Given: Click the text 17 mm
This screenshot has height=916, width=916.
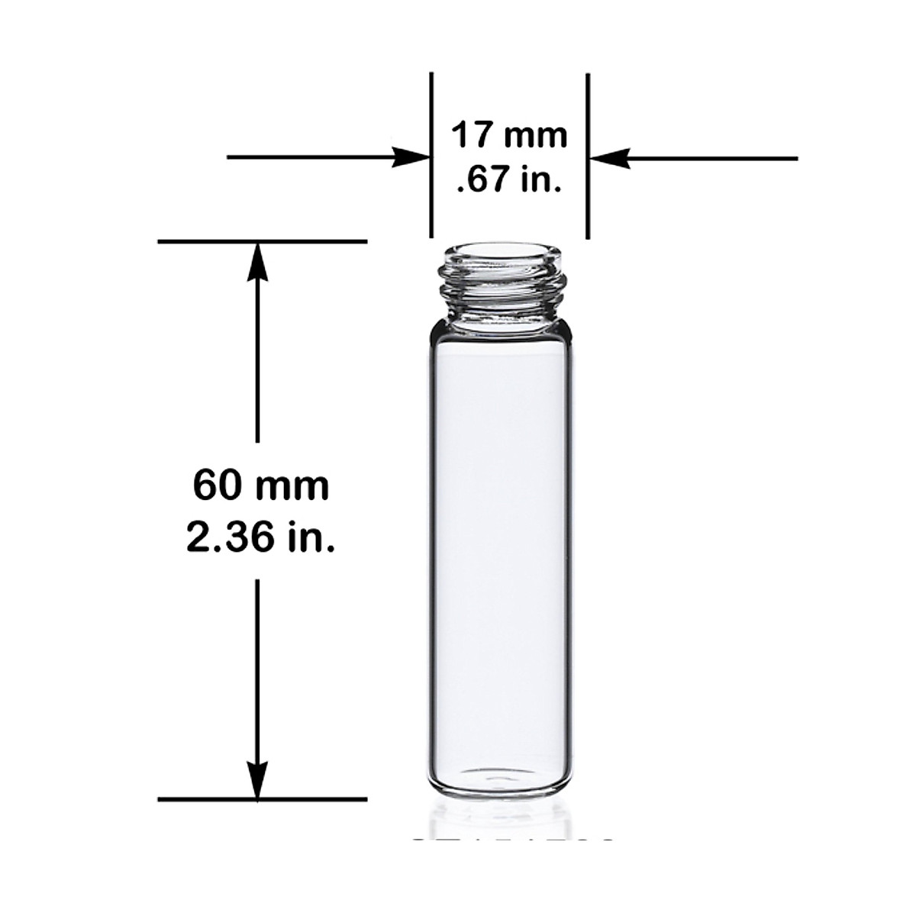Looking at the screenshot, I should point(509,135).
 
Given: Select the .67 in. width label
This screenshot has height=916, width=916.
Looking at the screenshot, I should point(509,181).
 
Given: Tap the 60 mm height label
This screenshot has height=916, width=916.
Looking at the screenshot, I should point(260,485).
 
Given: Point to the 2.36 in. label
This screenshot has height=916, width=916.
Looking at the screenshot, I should point(260,538).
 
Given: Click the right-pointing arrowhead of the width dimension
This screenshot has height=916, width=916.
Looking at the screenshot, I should point(411,158).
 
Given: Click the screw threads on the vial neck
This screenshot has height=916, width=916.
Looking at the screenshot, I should point(502,286).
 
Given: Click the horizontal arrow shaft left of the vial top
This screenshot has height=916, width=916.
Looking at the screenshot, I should point(313,158).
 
